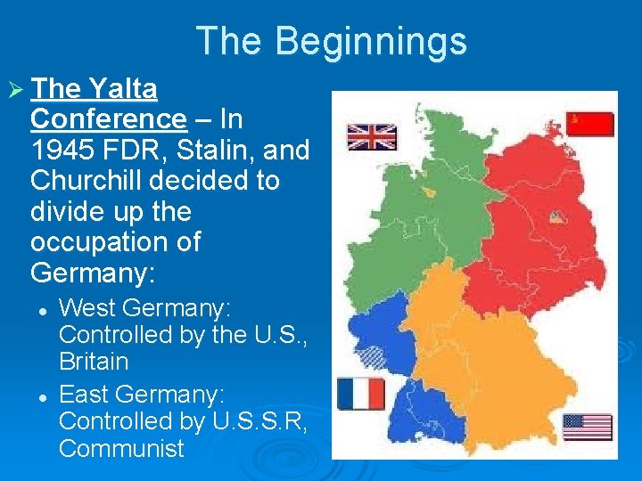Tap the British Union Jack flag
pos(371,137)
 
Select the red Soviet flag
pos(589,125)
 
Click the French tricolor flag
pos(361,394)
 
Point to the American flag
pos(587,427)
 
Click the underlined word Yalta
pos(123,88)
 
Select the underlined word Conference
pos(108,118)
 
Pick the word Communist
pos(121,448)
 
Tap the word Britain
pos(94,362)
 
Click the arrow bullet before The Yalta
pos(15,89)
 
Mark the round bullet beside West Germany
pos(42,309)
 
